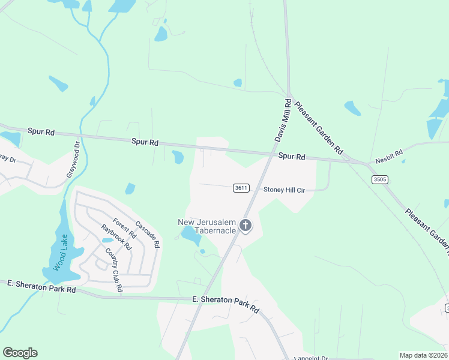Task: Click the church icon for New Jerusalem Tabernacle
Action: pyautogui.click(x=245, y=226)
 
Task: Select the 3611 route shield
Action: pyautogui.click(x=241, y=188)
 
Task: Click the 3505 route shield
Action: pyautogui.click(x=379, y=179)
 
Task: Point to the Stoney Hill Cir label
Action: pyautogui.click(x=285, y=190)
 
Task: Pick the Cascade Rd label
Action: pyautogui.click(x=147, y=235)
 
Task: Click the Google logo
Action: pyautogui.click(x=20, y=352)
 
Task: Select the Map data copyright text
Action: pyautogui.click(x=423, y=355)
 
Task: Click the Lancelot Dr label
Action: pyautogui.click(x=312, y=358)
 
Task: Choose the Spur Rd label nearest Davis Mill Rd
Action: pyautogui.click(x=292, y=157)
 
